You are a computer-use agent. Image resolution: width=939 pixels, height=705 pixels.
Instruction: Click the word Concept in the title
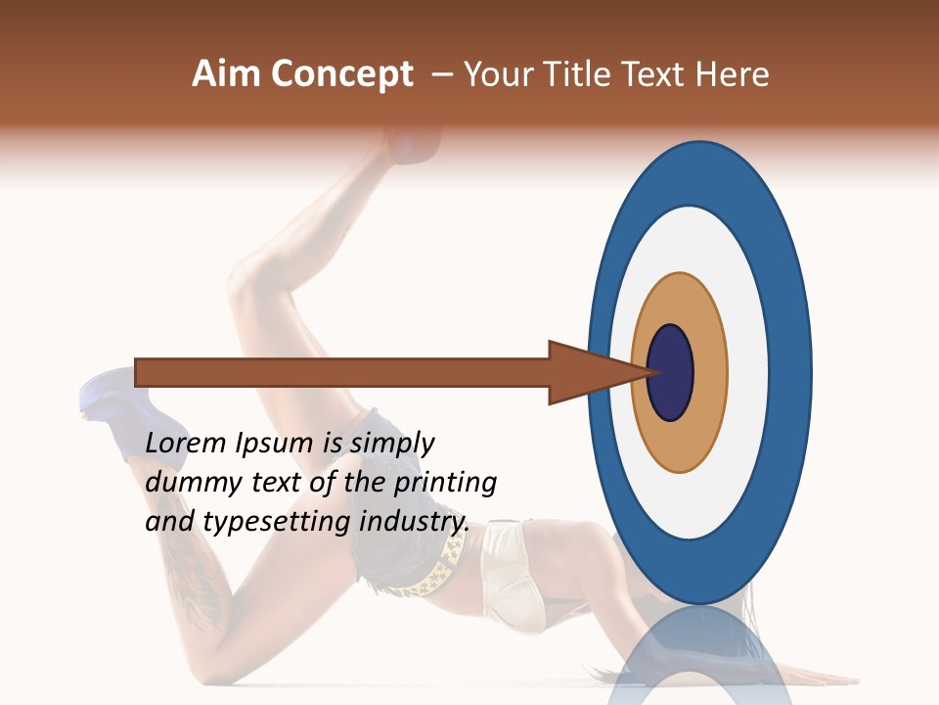tap(342, 74)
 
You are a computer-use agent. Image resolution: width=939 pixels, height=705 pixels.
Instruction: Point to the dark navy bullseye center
tap(671, 372)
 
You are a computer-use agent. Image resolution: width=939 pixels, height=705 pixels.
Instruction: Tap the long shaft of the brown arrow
tap(342, 372)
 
